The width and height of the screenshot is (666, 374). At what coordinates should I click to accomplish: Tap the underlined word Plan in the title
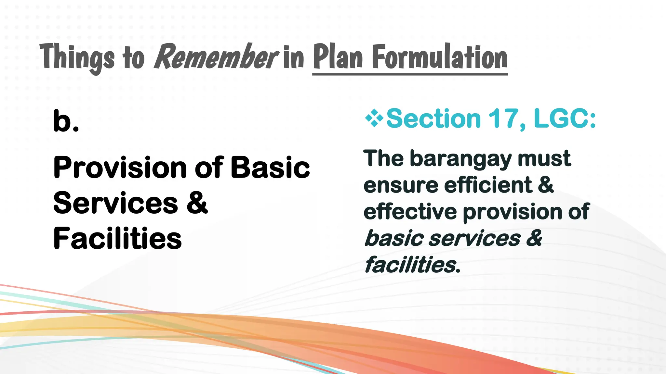338,57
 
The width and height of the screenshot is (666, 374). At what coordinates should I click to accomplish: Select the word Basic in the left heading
270,168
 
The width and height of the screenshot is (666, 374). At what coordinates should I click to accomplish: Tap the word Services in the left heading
115,203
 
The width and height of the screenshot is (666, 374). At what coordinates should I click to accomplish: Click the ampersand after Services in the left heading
197,203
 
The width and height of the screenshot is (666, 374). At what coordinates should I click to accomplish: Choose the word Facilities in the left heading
117,239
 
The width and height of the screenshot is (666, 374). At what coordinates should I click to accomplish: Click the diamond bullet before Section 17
374,118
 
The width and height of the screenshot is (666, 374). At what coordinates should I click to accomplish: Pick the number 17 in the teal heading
503,118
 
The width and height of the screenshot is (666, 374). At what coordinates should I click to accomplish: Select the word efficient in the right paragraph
488,185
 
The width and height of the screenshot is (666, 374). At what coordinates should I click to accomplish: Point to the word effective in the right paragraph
410,212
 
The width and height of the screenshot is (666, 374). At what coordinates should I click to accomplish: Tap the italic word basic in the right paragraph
394,238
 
